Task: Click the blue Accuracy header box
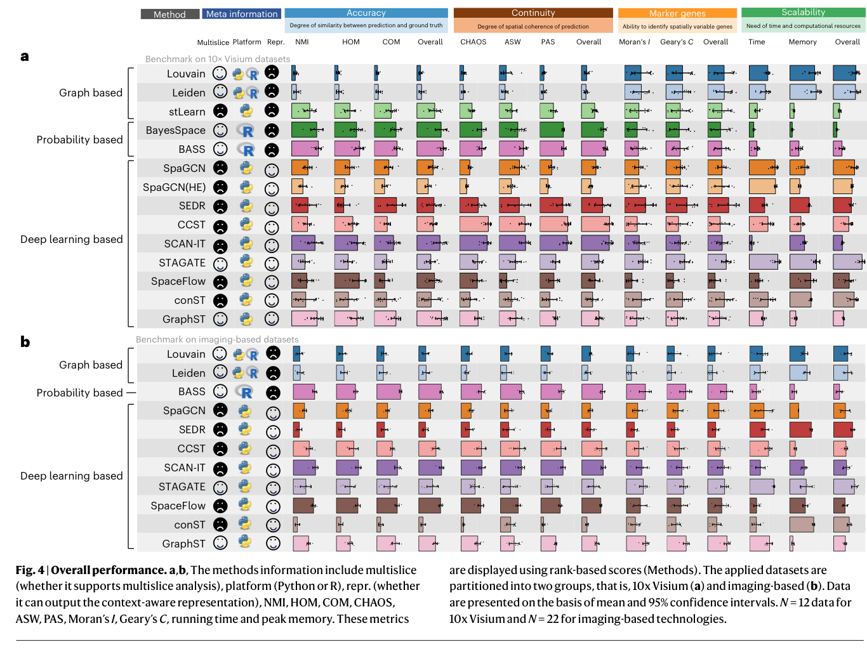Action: pos(366,13)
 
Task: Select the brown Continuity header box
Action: pos(533,13)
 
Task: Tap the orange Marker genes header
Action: pos(677,13)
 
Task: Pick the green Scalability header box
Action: pos(803,13)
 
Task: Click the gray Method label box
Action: pos(169,14)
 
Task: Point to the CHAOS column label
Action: pos(473,42)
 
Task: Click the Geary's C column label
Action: pos(677,42)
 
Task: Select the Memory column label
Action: pos(802,42)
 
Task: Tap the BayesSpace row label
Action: pos(176,130)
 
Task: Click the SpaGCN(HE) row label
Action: pos(174,187)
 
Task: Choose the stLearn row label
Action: pos(187,112)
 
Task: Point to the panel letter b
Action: pos(25,342)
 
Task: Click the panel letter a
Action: pos(25,56)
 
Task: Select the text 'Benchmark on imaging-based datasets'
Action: pos(217,339)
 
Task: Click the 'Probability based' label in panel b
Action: pos(79,393)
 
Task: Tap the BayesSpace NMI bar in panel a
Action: pos(304,130)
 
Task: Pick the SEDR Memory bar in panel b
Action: pos(800,429)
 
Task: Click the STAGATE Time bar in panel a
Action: pos(764,262)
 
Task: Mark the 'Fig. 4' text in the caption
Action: pos(30,570)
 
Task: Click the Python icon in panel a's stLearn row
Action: pos(246,111)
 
